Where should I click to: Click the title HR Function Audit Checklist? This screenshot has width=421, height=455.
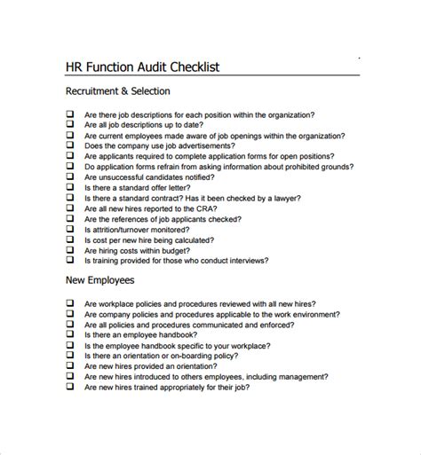coord(143,67)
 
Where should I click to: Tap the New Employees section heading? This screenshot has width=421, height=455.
coord(100,280)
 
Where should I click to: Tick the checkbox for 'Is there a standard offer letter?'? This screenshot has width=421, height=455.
coord(69,188)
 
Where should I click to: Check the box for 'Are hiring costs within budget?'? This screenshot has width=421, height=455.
coord(69,249)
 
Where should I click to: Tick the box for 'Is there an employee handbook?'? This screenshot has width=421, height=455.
coord(69,335)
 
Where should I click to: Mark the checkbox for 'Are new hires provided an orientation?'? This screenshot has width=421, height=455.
coord(69,365)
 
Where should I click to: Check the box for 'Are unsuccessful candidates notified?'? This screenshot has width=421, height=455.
coord(69,176)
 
